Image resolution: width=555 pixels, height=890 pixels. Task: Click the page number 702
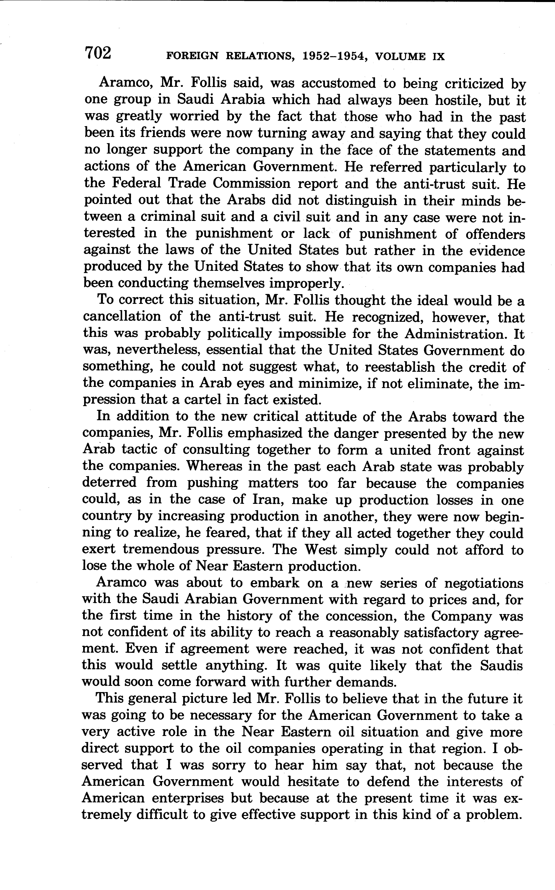pos(98,54)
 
